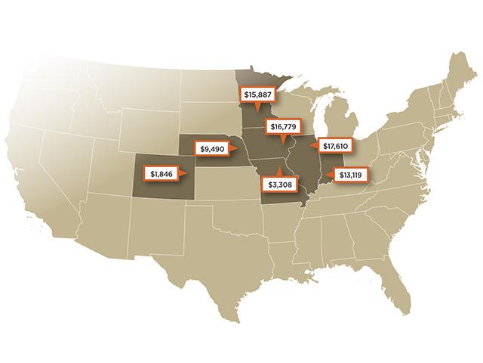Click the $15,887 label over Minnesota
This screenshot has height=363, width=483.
click(257, 95)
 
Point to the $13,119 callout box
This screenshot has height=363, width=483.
click(353, 175)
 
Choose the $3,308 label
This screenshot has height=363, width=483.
click(278, 183)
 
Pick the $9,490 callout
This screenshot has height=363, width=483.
click(213, 149)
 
